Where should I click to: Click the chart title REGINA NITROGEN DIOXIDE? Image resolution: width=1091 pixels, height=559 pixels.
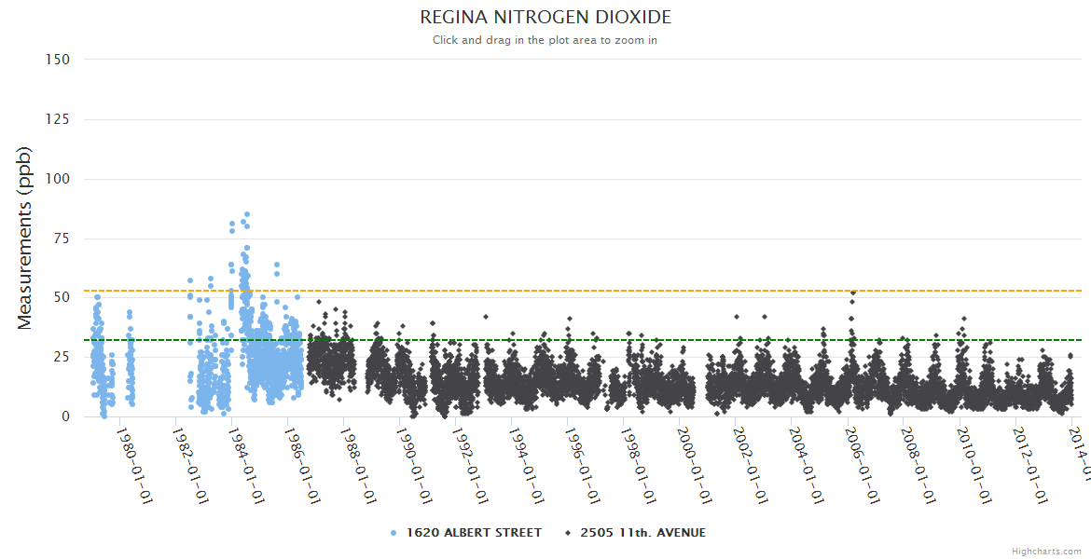pyautogui.click(x=545, y=18)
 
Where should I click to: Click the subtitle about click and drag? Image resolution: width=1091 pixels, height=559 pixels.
pyautogui.click(x=545, y=40)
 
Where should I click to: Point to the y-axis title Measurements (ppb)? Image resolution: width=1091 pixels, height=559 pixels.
pyautogui.click(x=25, y=238)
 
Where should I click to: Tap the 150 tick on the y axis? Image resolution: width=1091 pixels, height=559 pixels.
pyautogui.click(x=58, y=60)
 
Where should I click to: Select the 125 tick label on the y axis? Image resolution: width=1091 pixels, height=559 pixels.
pyautogui.click(x=58, y=119)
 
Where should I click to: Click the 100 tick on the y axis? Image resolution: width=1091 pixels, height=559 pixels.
pyautogui.click(x=58, y=179)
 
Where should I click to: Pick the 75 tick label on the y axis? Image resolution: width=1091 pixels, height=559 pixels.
pyautogui.click(x=62, y=239)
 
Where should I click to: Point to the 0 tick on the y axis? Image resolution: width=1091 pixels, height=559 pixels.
pyautogui.click(x=65, y=416)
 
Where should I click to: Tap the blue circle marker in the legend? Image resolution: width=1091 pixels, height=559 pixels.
pyautogui.click(x=394, y=533)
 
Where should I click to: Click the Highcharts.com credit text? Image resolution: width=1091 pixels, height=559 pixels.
pyautogui.click(x=1047, y=551)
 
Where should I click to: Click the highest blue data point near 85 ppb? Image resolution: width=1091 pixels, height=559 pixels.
pyautogui.click(x=246, y=214)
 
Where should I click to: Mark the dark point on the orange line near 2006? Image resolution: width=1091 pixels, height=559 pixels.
pyautogui.click(x=852, y=293)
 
